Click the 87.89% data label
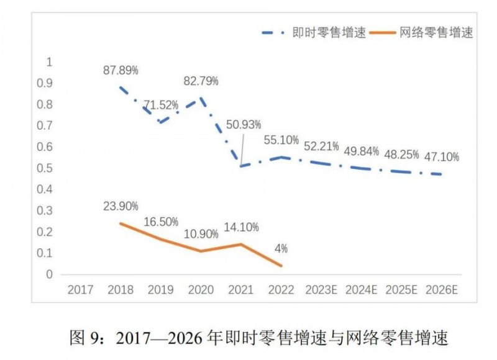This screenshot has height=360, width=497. tap(121, 70)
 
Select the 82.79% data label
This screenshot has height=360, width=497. tap(201, 81)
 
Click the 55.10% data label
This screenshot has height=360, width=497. tap(282, 140)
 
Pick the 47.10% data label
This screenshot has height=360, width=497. tap(442, 158)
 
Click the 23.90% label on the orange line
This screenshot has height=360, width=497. tap(121, 206)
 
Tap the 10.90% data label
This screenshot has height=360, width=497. tap(201, 235)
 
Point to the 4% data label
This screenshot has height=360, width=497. tap(280, 249)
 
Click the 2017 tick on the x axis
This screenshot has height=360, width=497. tap(81, 289)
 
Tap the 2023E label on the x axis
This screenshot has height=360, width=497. tap(322, 289)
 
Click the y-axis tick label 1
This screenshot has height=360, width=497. tap(50, 62)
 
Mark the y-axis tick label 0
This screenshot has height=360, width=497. tap(50, 274)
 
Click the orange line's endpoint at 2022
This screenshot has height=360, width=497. tap(281, 266)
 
